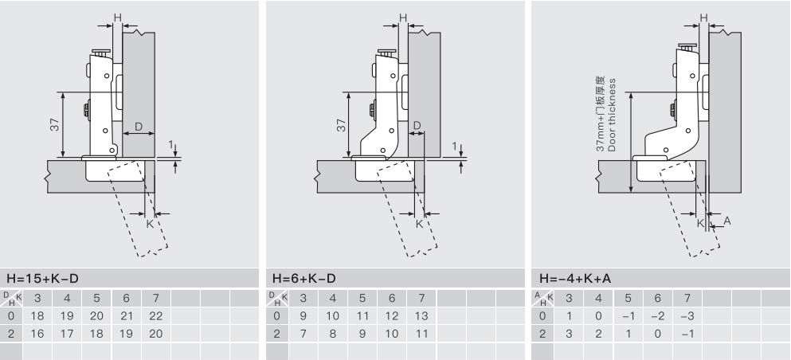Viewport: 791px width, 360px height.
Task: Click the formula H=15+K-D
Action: click(42, 278)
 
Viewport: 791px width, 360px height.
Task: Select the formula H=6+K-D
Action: click(303, 278)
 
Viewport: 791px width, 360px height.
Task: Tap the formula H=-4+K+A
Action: click(575, 278)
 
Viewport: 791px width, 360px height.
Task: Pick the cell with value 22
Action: click(156, 316)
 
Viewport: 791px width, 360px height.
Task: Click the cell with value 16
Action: click(37, 333)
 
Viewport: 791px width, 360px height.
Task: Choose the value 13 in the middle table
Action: click(421, 316)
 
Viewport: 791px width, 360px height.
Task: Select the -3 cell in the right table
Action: click(687, 316)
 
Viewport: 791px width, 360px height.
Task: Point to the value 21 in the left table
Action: click(126, 316)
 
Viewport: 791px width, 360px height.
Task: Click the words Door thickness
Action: click(612, 115)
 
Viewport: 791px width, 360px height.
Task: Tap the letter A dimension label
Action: click(727, 221)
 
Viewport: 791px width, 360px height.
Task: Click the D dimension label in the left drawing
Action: click(139, 127)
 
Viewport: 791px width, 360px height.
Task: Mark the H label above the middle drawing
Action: click(403, 18)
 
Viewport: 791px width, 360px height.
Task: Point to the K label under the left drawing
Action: click(150, 224)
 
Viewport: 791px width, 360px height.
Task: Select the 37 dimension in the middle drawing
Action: click(342, 125)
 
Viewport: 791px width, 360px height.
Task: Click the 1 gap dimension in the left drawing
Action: click(171, 145)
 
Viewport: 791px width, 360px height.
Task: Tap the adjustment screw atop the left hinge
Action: click(101, 53)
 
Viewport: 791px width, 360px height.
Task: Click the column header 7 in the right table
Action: click(687, 299)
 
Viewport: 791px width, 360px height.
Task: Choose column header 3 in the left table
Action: click(37, 299)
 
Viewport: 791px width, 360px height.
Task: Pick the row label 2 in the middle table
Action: click(276, 333)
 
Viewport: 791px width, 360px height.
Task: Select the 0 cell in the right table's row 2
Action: click(657, 333)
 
